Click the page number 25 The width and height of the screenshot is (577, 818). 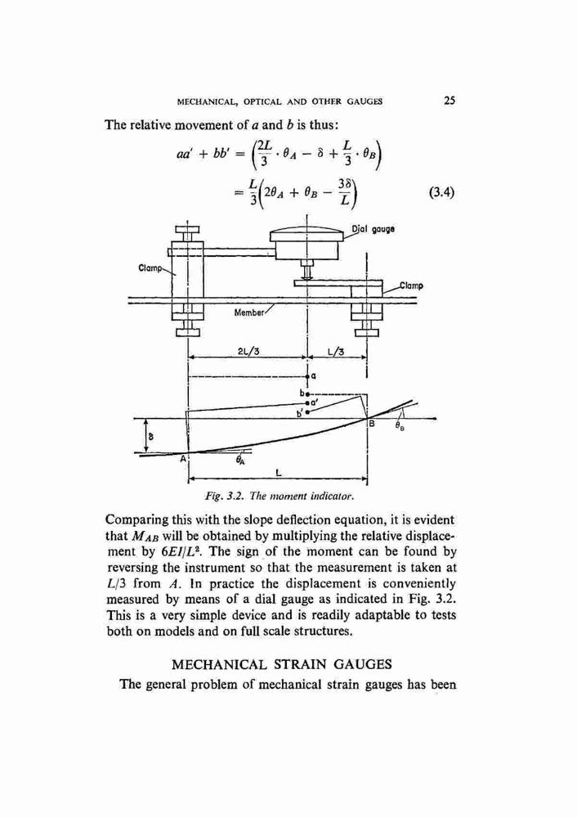click(x=450, y=100)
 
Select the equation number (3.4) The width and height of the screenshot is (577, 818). click(x=442, y=193)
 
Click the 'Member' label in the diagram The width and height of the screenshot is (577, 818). click(x=249, y=312)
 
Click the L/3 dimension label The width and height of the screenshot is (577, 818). click(x=336, y=351)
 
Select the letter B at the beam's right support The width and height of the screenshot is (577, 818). click(x=372, y=424)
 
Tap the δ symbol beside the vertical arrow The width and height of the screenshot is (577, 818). click(x=150, y=435)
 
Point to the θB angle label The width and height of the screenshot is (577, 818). click(x=400, y=426)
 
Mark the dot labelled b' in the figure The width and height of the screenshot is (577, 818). click(x=307, y=412)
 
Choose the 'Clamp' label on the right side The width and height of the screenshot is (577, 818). click(x=412, y=285)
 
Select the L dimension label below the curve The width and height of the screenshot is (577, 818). click(x=279, y=473)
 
